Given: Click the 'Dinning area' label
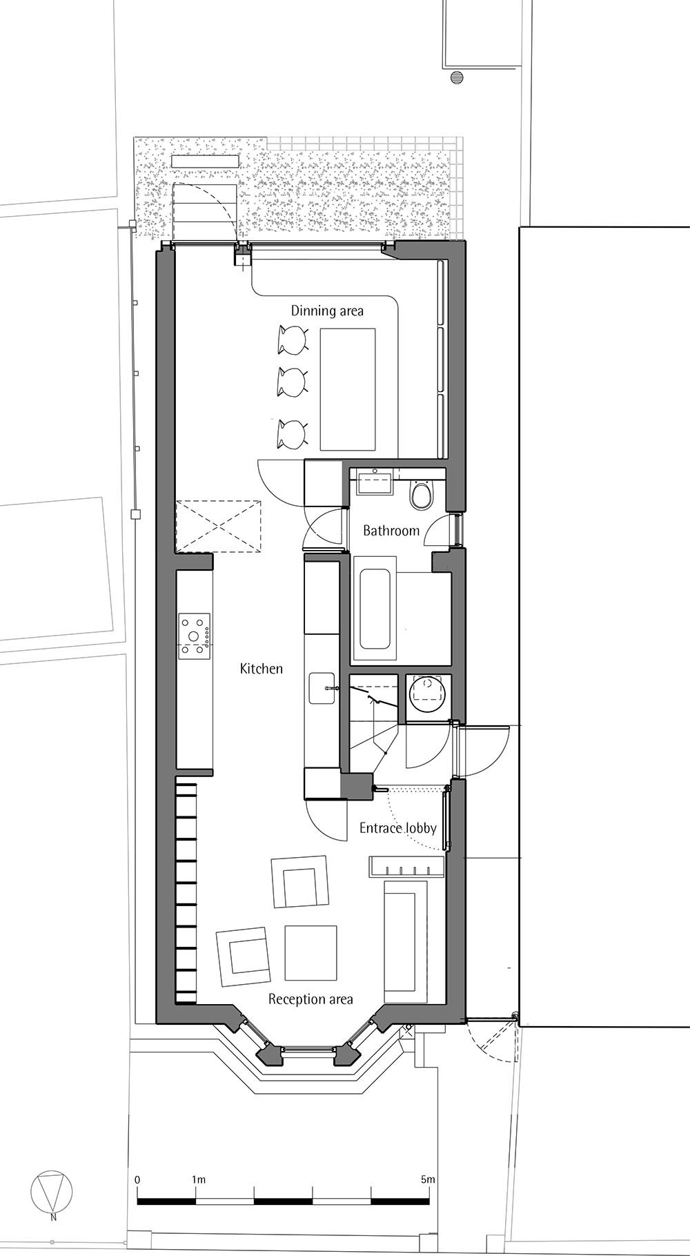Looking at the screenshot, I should click(x=326, y=311).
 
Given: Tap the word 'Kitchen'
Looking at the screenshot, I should click(x=261, y=669).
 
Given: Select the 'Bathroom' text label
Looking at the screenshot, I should click(x=391, y=531).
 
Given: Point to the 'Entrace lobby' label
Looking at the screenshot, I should click(x=397, y=828).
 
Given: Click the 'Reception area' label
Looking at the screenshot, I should click(x=310, y=999).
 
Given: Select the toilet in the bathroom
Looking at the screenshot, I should click(x=421, y=495).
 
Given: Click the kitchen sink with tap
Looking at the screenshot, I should click(x=322, y=688).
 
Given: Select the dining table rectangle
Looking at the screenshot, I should click(x=348, y=389).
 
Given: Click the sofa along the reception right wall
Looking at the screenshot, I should click(x=406, y=941).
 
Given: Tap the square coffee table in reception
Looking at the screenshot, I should click(x=311, y=952).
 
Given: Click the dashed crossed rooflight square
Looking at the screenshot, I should click(x=219, y=526).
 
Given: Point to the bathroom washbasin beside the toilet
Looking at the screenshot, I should click(x=374, y=482).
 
